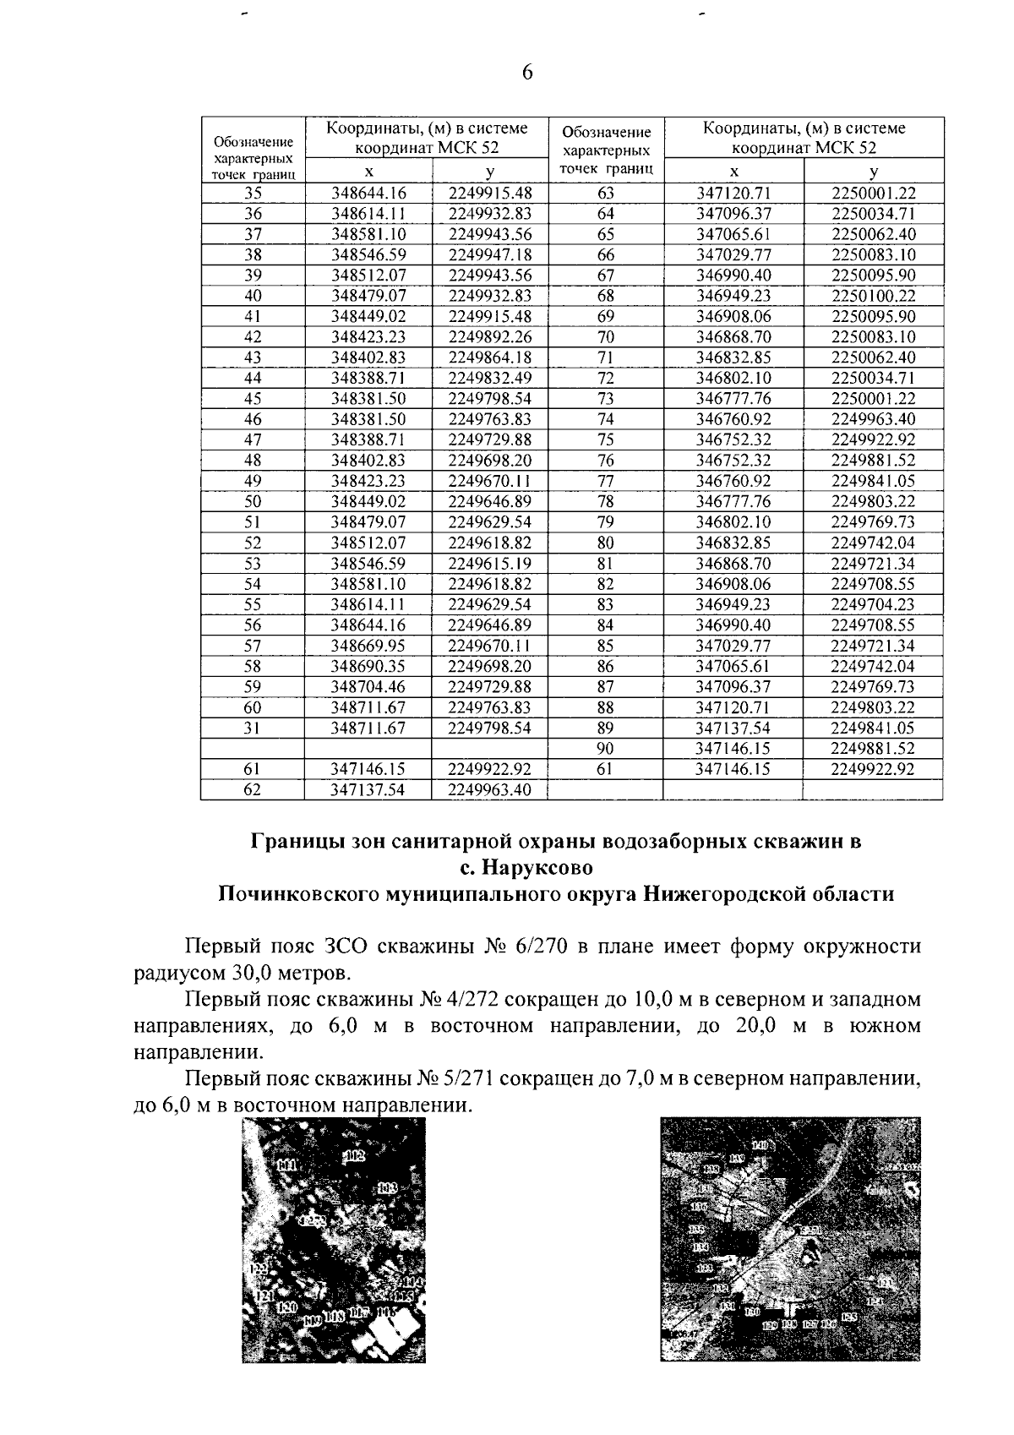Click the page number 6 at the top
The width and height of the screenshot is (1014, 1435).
coord(527,74)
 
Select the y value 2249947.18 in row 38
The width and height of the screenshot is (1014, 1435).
coord(489,254)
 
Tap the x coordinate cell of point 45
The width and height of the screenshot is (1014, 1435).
coord(368,398)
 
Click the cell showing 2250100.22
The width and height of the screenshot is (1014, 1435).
coord(873,296)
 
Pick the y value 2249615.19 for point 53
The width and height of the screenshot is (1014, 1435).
coord(489,563)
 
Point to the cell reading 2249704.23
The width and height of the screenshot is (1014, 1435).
coord(873,604)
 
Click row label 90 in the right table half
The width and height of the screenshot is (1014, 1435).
coord(606,748)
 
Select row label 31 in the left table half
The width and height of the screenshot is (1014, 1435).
coord(253,728)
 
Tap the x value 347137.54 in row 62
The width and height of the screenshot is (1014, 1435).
coord(368,790)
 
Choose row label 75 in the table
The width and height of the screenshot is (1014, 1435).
coord(606,439)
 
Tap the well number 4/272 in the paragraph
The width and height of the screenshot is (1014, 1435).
coord(470,1000)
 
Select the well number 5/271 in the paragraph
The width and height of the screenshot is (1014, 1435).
coord(470,1079)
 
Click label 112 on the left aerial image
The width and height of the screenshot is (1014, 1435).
coord(352,1156)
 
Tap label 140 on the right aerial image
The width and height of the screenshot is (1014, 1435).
coord(761,1145)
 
